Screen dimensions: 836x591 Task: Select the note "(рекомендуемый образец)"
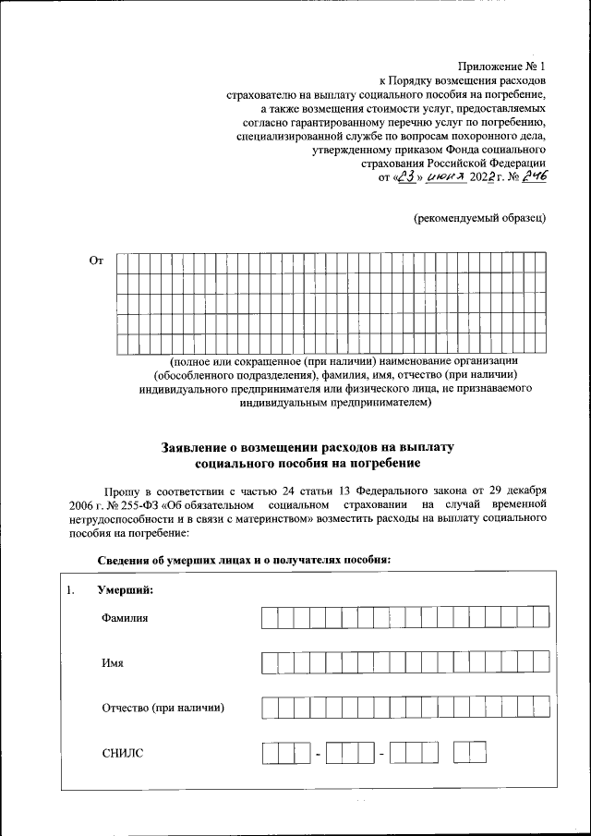click(x=480, y=217)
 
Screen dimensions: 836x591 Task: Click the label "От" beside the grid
click(x=96, y=261)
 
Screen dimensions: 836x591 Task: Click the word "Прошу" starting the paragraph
click(x=120, y=489)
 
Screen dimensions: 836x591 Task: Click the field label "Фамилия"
click(x=125, y=617)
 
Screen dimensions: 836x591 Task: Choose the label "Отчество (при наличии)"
click(x=163, y=709)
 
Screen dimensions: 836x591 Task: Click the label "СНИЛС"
click(x=122, y=755)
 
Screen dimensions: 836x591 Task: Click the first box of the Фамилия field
click(x=270, y=617)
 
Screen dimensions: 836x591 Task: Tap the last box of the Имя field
click(x=540, y=663)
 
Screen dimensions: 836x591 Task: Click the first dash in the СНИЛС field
click(x=317, y=756)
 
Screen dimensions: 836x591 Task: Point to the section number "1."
click(x=70, y=590)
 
